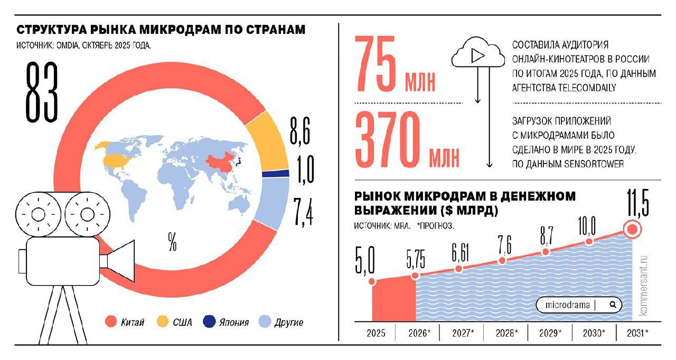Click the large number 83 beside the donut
pyautogui.click(x=42, y=92)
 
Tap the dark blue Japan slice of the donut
pyautogui.click(x=276, y=173)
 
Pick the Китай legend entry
pyautogui.click(x=125, y=322)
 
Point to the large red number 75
pyautogui.click(x=377, y=63)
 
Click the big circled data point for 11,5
pyautogui.click(x=633, y=230)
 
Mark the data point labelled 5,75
pyautogui.click(x=415, y=276)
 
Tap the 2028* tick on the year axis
pyautogui.click(x=508, y=334)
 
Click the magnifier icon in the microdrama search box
pyautogui.click(x=612, y=305)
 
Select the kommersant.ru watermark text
pyautogui.click(x=643, y=286)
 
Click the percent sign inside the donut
pyautogui.click(x=172, y=243)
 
